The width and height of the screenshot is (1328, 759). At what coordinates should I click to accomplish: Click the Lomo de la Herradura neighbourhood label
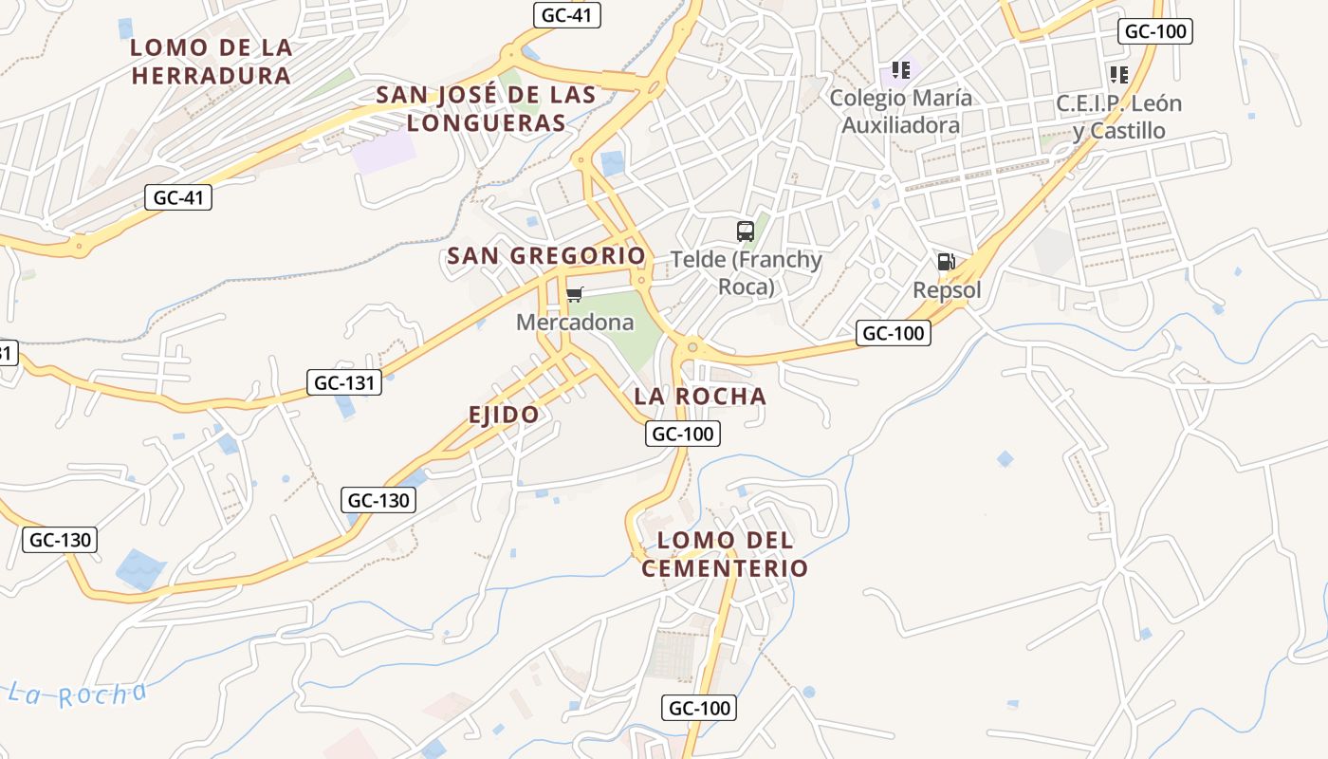point(212,62)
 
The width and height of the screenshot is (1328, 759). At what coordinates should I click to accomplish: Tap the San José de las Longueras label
point(487,108)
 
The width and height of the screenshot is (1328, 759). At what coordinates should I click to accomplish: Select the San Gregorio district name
point(545,255)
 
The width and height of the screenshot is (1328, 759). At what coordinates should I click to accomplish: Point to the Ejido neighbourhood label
point(504,414)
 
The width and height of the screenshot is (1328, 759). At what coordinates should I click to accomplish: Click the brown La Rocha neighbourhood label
point(699,396)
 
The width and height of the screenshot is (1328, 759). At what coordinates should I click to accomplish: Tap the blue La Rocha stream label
point(79,694)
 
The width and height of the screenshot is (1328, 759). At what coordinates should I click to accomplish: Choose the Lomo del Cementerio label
point(725,554)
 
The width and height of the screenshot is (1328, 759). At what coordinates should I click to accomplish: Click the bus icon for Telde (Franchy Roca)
point(746,231)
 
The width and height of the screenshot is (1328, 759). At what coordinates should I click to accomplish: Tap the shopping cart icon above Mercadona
point(574,294)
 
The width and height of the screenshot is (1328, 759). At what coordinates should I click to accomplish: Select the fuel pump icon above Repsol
point(946,262)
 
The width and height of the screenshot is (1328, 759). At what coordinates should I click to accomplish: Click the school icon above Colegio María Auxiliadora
point(900,69)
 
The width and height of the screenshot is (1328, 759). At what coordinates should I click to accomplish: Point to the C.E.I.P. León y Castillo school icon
point(1118,74)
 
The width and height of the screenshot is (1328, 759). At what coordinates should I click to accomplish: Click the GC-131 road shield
point(344,382)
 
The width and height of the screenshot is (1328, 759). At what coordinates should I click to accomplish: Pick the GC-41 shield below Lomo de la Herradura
point(178,197)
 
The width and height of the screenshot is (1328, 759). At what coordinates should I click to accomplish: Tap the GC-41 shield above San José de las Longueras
point(567,14)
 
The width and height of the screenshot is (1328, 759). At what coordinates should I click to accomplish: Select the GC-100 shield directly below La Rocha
point(683,434)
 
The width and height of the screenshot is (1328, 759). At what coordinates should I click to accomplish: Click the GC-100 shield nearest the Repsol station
point(893,333)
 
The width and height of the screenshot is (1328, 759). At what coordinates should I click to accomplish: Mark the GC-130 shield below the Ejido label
point(379,500)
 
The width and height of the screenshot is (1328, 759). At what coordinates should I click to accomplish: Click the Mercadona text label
point(575,323)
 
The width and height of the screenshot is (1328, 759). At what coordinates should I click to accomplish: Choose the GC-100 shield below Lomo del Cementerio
point(699,708)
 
